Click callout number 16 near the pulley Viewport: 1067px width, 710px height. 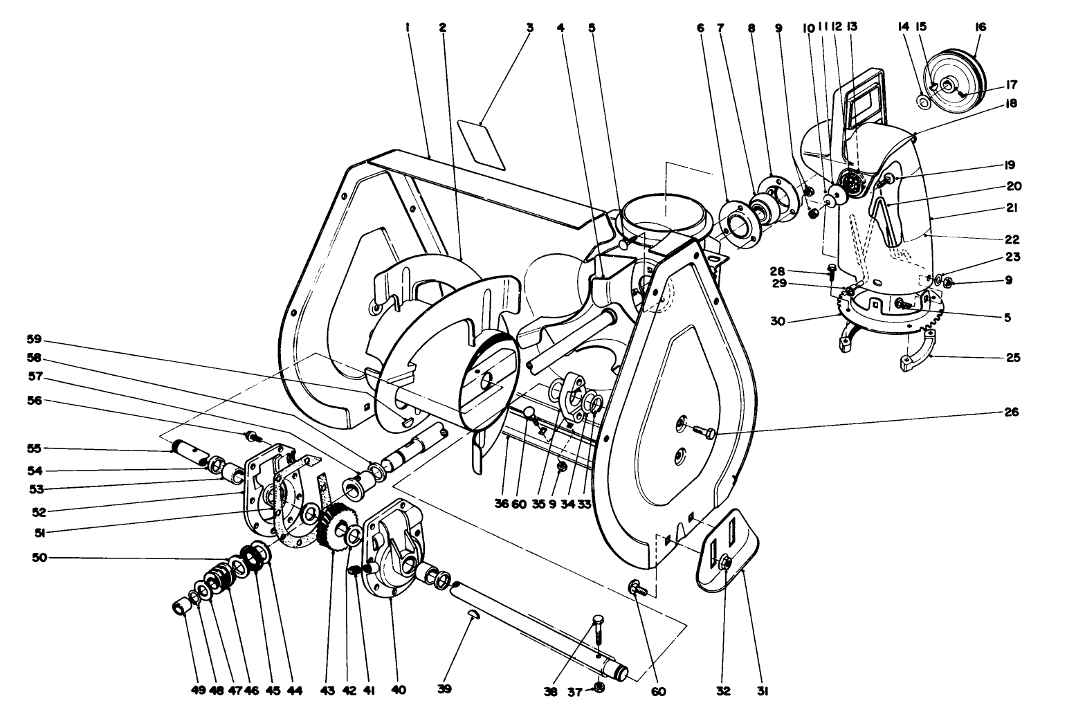point(980,27)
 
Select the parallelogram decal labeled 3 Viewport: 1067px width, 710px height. point(482,143)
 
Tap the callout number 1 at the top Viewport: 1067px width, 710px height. point(409,28)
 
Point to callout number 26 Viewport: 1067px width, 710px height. point(1011,412)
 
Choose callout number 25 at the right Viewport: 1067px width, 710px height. point(1011,358)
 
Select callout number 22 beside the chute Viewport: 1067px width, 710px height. point(1011,239)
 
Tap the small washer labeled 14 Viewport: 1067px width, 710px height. point(923,102)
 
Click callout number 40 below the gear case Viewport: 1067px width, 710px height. point(399,690)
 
